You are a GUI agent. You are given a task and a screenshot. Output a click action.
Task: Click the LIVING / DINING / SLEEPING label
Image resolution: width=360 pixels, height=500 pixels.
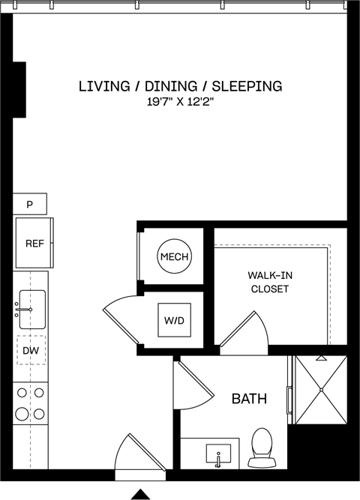[x=180, y=86]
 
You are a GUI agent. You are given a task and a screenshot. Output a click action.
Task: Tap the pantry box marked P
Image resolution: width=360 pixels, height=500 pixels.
[x=30, y=203]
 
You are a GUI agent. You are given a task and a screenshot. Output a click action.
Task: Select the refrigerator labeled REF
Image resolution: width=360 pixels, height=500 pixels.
[x=33, y=244]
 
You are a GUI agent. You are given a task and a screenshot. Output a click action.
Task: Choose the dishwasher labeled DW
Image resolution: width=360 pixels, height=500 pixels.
[x=30, y=350]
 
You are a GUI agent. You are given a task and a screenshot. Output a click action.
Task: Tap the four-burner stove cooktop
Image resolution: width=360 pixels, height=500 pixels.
[x=30, y=402]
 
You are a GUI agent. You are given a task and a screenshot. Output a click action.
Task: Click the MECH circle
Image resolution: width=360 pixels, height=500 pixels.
[x=174, y=257]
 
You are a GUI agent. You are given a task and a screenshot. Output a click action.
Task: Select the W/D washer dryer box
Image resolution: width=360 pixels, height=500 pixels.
[x=174, y=321]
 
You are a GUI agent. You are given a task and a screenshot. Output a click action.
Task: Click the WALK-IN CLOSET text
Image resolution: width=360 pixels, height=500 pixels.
[x=269, y=282]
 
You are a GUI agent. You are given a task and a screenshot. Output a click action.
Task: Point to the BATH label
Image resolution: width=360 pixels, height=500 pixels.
[x=248, y=399]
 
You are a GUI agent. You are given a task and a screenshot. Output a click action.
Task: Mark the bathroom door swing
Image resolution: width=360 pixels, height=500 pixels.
[x=189, y=384]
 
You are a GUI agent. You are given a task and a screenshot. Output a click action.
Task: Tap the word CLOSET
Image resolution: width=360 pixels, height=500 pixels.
[x=269, y=289]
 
